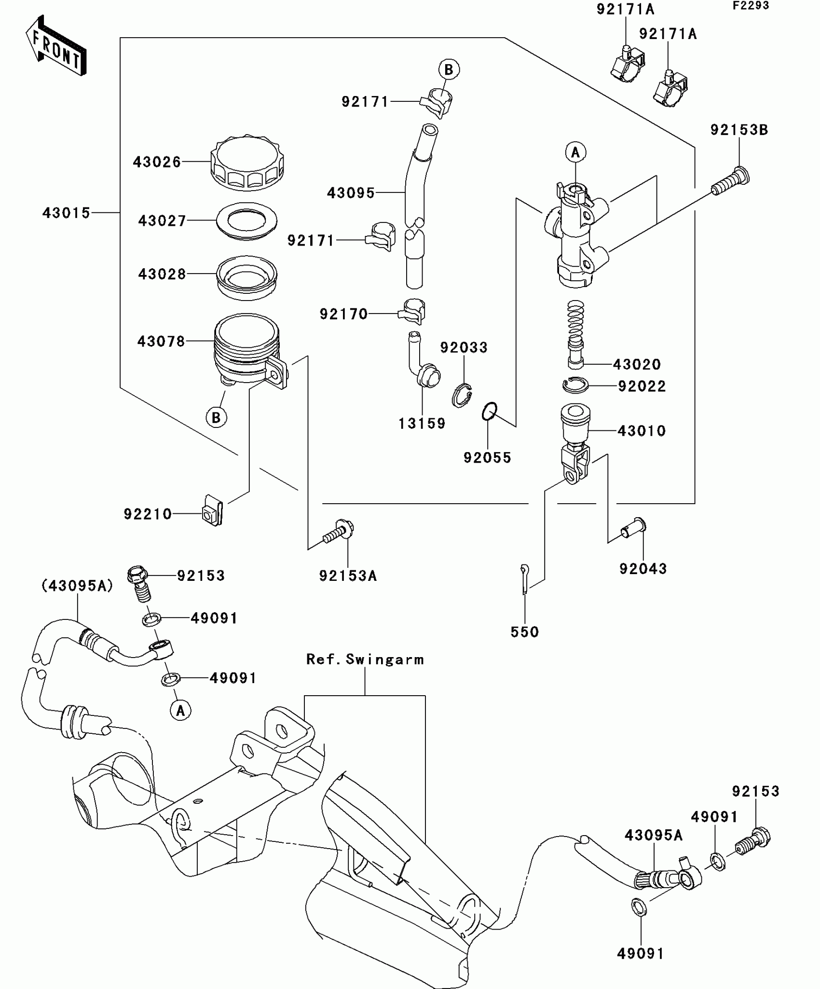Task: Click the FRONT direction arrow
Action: click(56, 45)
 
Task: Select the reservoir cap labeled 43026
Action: click(247, 163)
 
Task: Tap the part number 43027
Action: click(162, 221)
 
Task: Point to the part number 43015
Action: click(66, 213)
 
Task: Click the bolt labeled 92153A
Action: click(340, 533)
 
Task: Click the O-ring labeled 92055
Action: click(489, 411)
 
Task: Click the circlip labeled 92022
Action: click(575, 385)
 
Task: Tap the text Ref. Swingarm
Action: click(365, 659)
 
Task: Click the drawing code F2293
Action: click(751, 6)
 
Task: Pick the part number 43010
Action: click(642, 431)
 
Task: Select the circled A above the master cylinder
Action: click(575, 152)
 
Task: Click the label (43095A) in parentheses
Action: click(77, 586)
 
